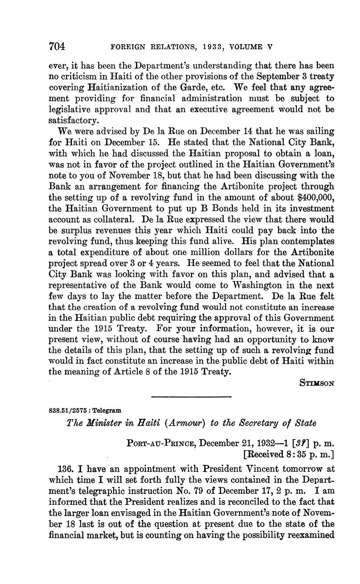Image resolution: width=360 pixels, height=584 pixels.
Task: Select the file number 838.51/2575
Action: pyautogui.click(x=71, y=410)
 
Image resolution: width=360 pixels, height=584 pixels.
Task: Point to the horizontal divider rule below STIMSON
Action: pyautogui.click(x=191, y=397)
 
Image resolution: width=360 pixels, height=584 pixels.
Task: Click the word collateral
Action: pyautogui.click(x=107, y=219)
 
